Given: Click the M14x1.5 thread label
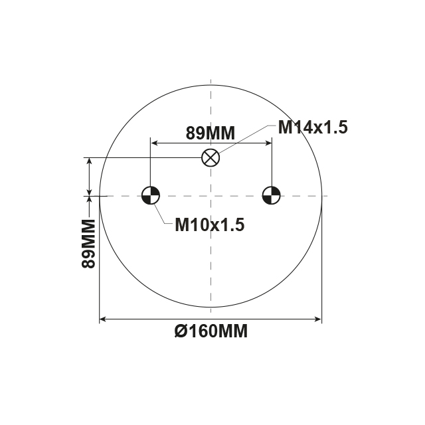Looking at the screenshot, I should coord(312,127).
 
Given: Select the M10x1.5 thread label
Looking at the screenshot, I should coord(210,225).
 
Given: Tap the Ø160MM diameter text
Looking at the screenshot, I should coord(212,331).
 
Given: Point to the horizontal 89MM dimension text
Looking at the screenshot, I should coord(210,133).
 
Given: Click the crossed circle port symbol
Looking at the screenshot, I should coord(211,158).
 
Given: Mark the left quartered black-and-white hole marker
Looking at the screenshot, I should coord(151,196).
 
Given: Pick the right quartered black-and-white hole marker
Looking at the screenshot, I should coord(271,196).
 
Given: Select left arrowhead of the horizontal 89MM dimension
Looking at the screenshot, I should coord(155,143).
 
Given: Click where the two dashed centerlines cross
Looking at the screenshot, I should coord(211,196).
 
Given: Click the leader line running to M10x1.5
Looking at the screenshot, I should coord(162,214).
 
